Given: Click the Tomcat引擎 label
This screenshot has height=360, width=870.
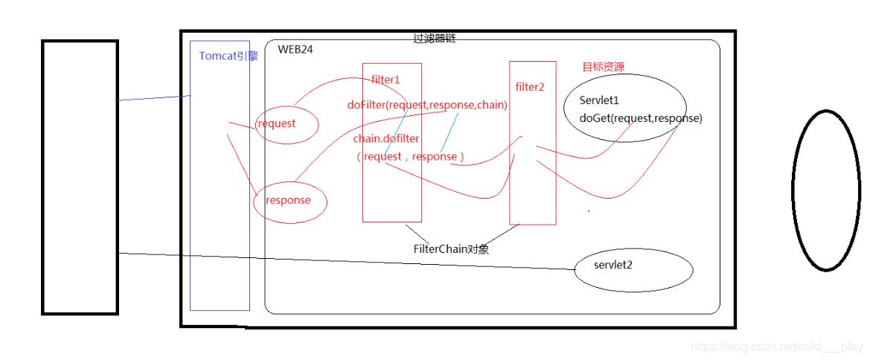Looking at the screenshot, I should (x=228, y=56).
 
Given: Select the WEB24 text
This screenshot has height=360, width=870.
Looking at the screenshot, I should (x=295, y=50).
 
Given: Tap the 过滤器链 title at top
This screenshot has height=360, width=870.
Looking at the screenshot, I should (x=434, y=38).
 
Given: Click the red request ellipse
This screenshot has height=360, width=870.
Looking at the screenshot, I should (x=287, y=124).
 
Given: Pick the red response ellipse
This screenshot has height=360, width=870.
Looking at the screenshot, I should (x=290, y=201).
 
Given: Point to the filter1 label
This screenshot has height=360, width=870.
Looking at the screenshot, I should (x=386, y=80).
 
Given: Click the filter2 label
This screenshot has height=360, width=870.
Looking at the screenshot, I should (x=530, y=87).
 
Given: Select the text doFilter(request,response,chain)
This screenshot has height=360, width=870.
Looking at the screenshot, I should (x=427, y=106).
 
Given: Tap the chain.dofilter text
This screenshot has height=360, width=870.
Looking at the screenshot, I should (x=386, y=139).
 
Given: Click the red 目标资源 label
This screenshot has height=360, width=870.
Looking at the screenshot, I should (x=603, y=67).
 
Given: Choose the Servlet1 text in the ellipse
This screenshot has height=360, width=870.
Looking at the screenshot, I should (x=600, y=100).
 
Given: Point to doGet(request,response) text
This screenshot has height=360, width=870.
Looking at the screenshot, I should (x=641, y=118).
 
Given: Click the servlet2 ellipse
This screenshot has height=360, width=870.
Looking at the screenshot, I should (x=633, y=269).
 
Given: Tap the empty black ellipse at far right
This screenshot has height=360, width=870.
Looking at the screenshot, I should (x=826, y=190).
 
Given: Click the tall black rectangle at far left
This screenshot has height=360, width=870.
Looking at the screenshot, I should (x=80, y=177).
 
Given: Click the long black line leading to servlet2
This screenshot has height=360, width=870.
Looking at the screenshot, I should (x=342, y=261).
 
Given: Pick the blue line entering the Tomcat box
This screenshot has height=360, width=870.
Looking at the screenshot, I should (x=154, y=97).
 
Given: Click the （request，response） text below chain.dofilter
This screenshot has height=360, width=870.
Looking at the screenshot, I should (x=410, y=157).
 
